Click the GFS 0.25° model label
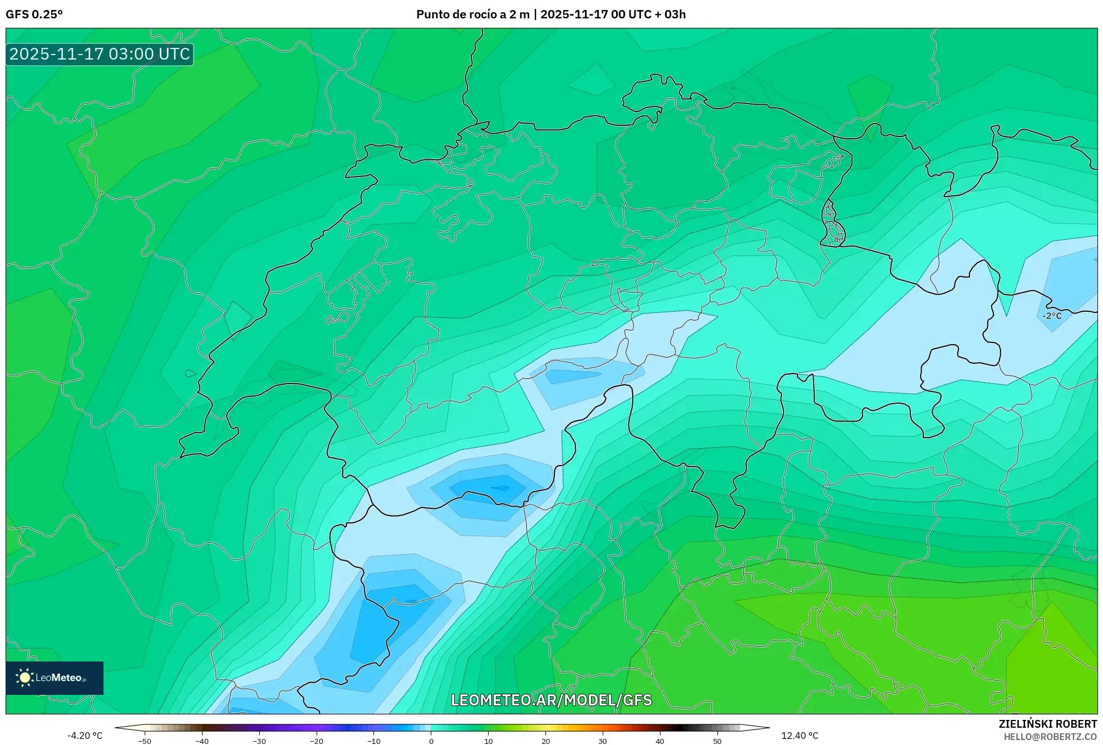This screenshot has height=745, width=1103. tap(34, 14)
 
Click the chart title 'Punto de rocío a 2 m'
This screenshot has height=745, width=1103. tap(472, 14)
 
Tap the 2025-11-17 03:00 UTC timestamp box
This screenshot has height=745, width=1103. tap(100, 54)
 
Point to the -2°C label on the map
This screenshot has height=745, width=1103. tap(1052, 316)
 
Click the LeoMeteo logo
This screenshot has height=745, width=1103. tap(55, 678)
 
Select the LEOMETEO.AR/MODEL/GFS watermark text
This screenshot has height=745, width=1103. tap(551, 700)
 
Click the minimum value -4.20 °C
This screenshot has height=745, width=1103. tap(85, 736)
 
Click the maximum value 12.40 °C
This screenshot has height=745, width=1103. tap(800, 736)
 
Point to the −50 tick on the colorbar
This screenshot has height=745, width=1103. tap(145, 741)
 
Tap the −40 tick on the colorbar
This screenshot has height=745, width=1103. tap(202, 741)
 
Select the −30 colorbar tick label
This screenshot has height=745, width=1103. tap(259, 741)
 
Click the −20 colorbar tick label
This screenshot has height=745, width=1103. tap(317, 741)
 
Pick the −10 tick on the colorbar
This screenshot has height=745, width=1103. tap(374, 741)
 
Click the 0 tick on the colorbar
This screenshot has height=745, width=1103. tap(431, 741)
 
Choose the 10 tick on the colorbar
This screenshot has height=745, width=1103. tap(489, 741)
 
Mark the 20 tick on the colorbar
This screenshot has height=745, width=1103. tap(546, 741)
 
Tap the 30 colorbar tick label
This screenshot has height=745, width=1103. tap(603, 741)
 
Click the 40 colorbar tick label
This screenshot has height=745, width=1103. tap(660, 741)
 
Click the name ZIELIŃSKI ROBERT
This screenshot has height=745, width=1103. tap(1048, 724)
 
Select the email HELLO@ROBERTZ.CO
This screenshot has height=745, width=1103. tap(1050, 737)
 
